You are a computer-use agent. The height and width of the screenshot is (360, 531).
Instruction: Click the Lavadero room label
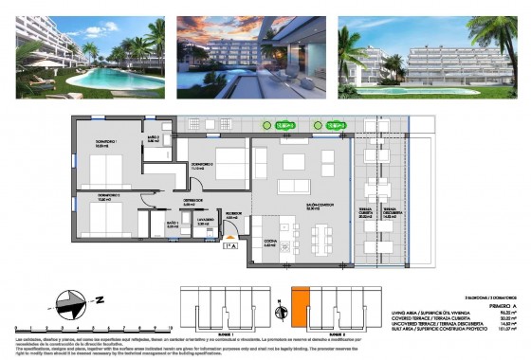click(x=204, y=225)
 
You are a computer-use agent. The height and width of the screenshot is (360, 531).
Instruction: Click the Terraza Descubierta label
click(x=388, y=213)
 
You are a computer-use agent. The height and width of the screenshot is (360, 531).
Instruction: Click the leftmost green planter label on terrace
click(x=282, y=125)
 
